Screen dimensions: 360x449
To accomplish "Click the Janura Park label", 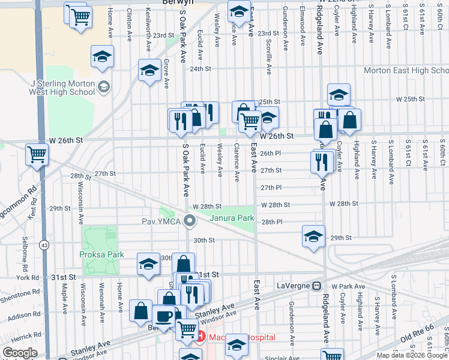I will pos(232,218).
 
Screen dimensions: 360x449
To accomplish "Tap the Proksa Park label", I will pos(101,254).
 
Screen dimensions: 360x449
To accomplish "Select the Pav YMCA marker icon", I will pos(190,222).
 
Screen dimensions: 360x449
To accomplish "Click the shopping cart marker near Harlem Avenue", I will pos(37,154).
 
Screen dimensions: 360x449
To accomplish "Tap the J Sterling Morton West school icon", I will pos(103,88).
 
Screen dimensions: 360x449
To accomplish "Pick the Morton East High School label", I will pos(406,71).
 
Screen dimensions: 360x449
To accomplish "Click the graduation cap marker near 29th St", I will pos(313,236).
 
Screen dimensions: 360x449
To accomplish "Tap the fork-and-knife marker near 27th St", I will pos(322,161).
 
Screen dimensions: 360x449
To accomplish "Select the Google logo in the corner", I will pos(20,353).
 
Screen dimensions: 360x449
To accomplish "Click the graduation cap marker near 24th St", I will pos(149,70).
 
